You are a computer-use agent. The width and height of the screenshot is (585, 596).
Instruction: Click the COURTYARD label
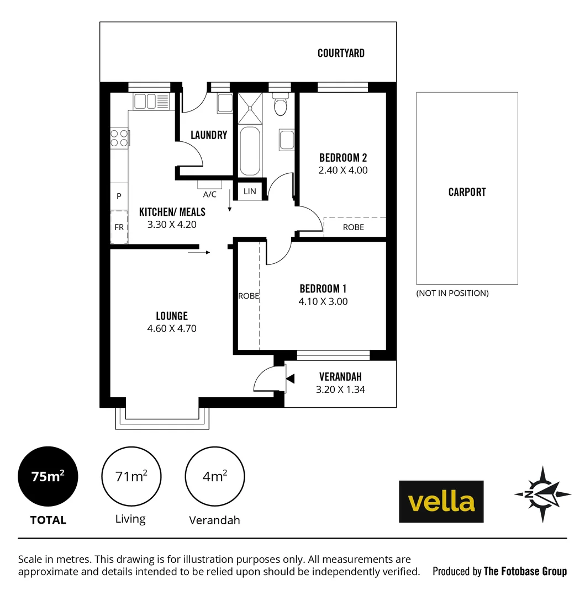(341, 53)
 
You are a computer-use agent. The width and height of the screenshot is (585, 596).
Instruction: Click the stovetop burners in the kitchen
(119, 137)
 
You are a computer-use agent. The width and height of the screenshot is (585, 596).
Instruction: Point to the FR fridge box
(119, 227)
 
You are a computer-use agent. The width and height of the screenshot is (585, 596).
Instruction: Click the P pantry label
(119, 196)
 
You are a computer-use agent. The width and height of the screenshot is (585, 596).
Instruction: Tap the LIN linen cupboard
(250, 191)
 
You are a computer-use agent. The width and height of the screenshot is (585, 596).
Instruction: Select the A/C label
(210, 194)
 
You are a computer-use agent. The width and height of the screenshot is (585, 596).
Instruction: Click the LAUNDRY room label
(209, 135)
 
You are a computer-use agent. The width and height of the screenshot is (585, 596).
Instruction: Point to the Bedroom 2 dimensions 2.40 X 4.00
(342, 171)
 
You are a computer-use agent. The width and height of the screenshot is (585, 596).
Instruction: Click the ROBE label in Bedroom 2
(354, 227)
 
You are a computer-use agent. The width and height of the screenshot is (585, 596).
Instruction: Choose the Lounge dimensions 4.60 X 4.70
(172, 328)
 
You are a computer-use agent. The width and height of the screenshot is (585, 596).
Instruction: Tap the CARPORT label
(467, 192)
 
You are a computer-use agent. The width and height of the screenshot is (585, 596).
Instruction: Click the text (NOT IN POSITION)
(452, 293)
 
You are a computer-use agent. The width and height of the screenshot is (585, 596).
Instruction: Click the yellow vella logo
(441, 502)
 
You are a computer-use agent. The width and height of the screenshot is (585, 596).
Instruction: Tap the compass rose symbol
(542, 494)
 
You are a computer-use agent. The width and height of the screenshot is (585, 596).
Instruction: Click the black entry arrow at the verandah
(291, 379)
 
